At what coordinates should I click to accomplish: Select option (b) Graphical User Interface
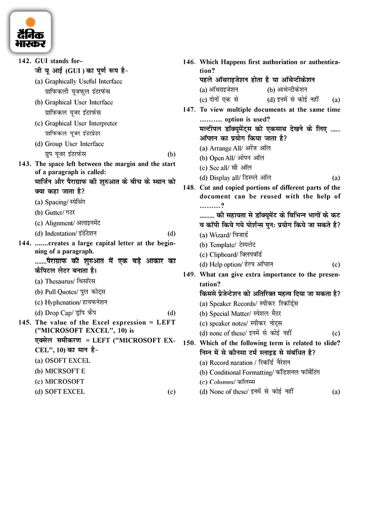[x=79, y=102]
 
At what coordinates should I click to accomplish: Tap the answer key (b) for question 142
[x=171, y=154]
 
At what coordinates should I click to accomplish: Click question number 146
[x=190, y=62]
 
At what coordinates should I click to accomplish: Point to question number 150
[x=190, y=343]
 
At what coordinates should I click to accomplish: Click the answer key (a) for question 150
[x=336, y=392]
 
